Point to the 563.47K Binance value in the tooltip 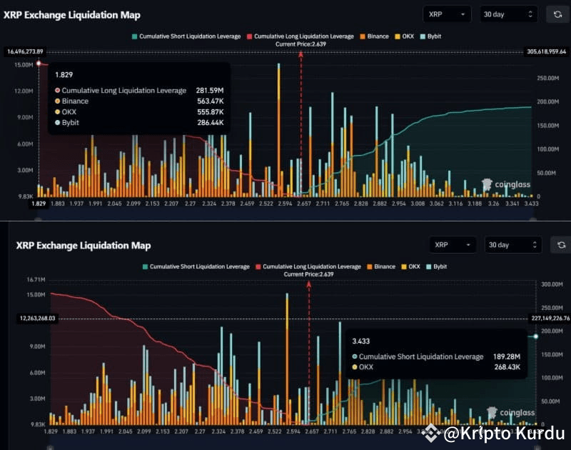208,101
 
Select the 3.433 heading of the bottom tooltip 360,341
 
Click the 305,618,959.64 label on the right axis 545,51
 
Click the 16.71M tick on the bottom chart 35,279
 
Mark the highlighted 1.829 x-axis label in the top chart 39,204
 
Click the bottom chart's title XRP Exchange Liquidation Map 84,246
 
